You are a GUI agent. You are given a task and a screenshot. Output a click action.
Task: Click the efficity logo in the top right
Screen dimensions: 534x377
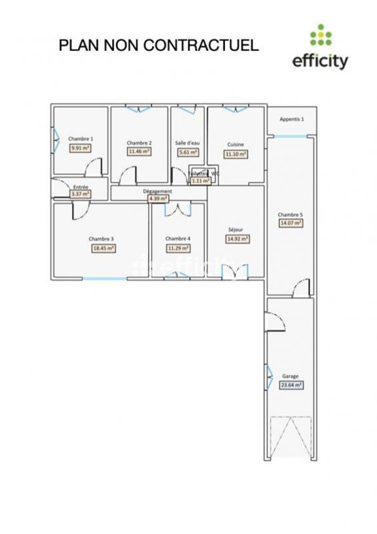[320, 48]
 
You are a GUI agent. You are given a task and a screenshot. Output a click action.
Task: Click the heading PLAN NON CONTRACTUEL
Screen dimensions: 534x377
[158, 45]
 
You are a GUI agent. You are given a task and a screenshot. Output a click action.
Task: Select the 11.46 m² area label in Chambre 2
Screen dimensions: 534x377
[139, 152]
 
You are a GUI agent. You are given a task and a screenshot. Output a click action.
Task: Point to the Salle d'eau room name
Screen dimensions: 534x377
[187, 143]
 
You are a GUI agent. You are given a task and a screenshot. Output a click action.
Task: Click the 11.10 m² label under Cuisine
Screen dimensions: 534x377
[236, 154]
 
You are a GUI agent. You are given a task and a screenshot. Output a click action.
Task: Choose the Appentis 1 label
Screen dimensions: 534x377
[292, 119]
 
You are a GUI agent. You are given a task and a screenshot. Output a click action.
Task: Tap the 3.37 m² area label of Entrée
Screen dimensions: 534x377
[80, 194]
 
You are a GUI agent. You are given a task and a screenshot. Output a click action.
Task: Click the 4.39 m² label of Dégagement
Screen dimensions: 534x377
[158, 198]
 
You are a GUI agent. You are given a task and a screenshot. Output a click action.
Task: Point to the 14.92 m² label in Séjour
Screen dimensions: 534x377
[238, 238]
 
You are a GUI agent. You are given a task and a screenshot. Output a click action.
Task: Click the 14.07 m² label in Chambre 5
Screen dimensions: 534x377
[291, 224]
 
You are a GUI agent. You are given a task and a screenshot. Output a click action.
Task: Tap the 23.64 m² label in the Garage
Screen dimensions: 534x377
[291, 384]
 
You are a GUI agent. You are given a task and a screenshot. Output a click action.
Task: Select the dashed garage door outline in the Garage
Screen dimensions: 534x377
[290, 437]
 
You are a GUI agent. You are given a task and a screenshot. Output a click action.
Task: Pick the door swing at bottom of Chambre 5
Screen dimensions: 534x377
[301, 287]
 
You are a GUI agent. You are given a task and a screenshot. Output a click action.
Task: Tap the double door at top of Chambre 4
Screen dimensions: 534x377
[177, 210]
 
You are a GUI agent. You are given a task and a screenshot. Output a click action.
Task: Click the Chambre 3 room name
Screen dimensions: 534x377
[101, 238]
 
